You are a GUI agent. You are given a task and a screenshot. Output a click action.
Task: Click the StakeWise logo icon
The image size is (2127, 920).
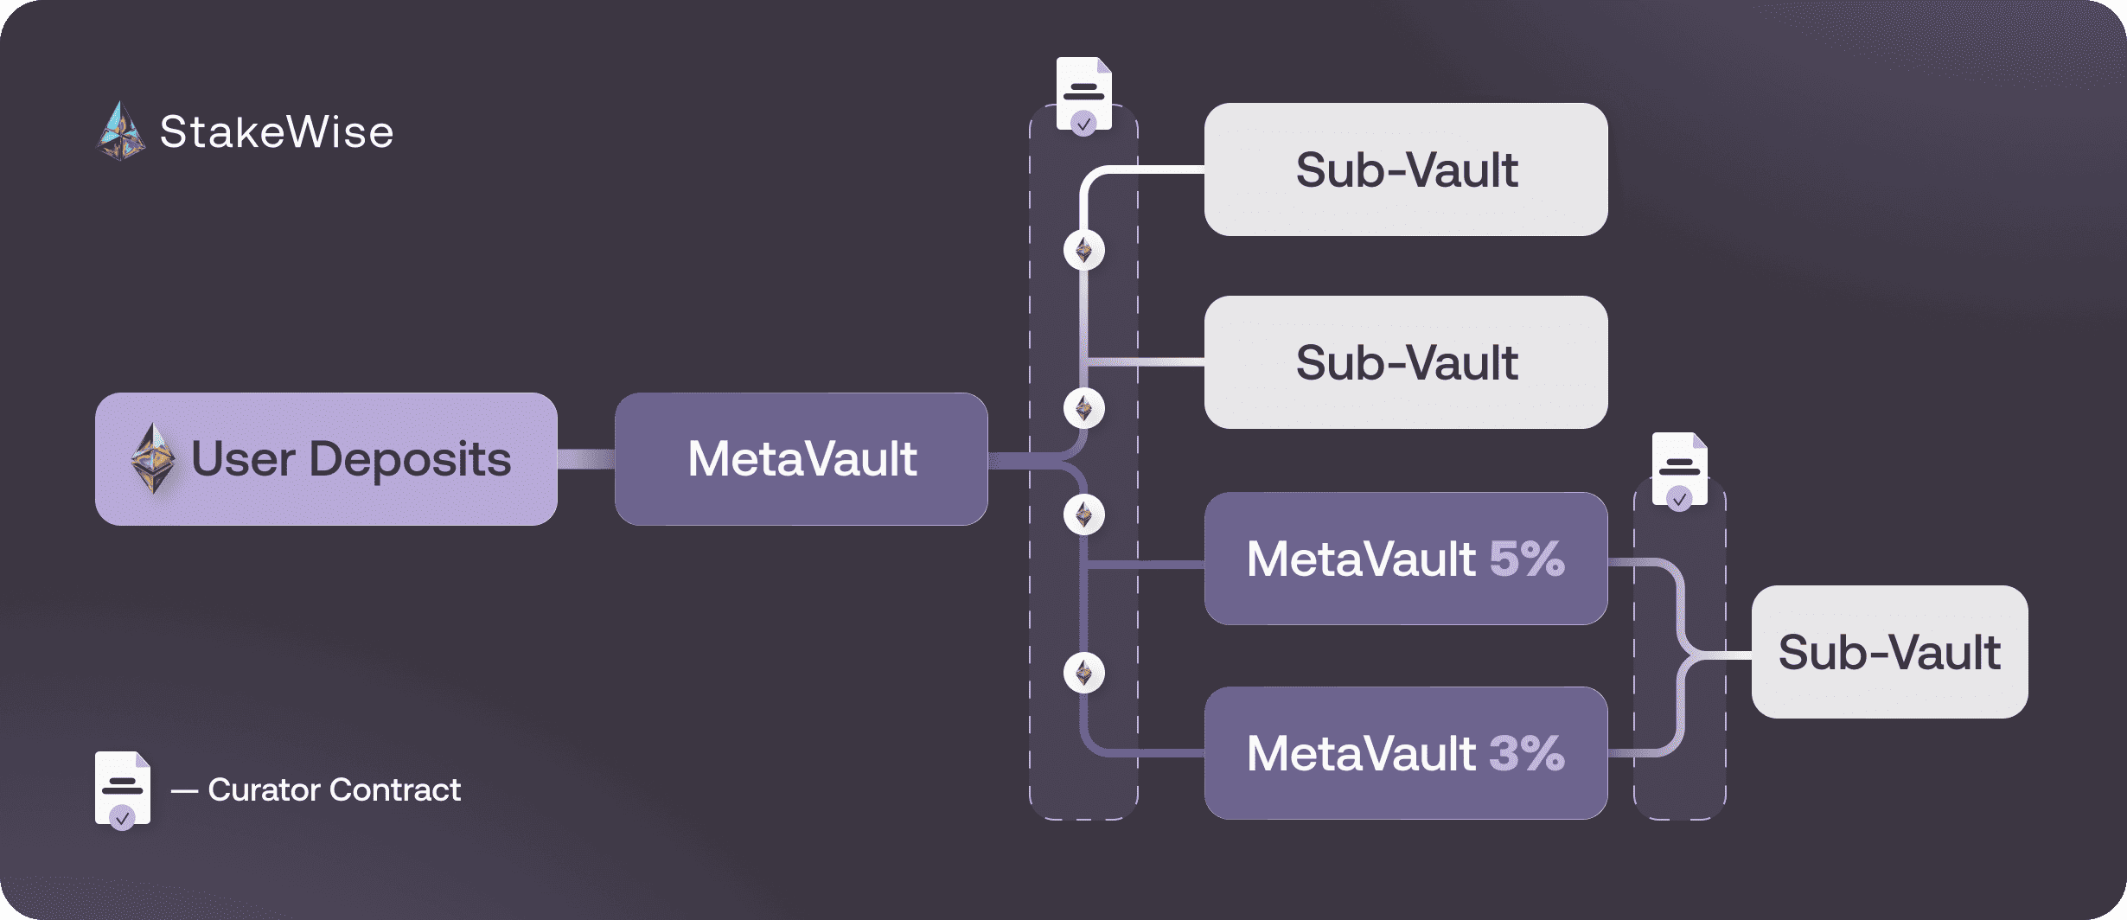click(121, 132)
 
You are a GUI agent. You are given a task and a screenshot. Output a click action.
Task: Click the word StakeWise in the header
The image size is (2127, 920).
click(277, 132)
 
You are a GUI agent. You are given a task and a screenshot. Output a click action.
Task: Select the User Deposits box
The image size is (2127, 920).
click(326, 459)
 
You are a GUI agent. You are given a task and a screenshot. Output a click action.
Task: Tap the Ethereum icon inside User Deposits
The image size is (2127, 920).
click(153, 458)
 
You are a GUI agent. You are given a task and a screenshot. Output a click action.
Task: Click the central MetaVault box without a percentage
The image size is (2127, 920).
click(801, 459)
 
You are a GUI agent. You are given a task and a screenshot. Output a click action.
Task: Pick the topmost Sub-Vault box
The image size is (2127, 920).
click(1406, 169)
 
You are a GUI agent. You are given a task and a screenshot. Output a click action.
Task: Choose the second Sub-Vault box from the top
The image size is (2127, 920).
click(1406, 362)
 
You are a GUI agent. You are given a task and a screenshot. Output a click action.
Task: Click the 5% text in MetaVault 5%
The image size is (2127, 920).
click(1527, 559)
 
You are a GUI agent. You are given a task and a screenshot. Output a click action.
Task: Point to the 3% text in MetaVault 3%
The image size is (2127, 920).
click(1527, 753)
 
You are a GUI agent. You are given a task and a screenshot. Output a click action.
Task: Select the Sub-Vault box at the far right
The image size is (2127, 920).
click(1889, 652)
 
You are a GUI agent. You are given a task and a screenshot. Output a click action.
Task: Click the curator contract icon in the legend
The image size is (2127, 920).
click(122, 789)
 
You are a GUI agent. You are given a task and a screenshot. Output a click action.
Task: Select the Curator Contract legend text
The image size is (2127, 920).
click(334, 789)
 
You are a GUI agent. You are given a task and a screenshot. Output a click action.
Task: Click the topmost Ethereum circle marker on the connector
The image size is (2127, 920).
click(1083, 251)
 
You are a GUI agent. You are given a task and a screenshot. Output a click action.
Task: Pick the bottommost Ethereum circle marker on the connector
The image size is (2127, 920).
click(1083, 673)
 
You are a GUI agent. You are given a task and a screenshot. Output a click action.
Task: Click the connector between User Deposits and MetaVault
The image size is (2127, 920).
click(585, 459)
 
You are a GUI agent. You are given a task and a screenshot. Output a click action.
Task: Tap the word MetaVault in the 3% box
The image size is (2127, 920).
click(1361, 753)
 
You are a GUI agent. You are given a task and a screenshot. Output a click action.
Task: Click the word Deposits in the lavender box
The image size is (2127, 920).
click(410, 459)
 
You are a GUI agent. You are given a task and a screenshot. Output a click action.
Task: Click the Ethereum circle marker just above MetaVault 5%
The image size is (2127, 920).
click(1083, 515)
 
